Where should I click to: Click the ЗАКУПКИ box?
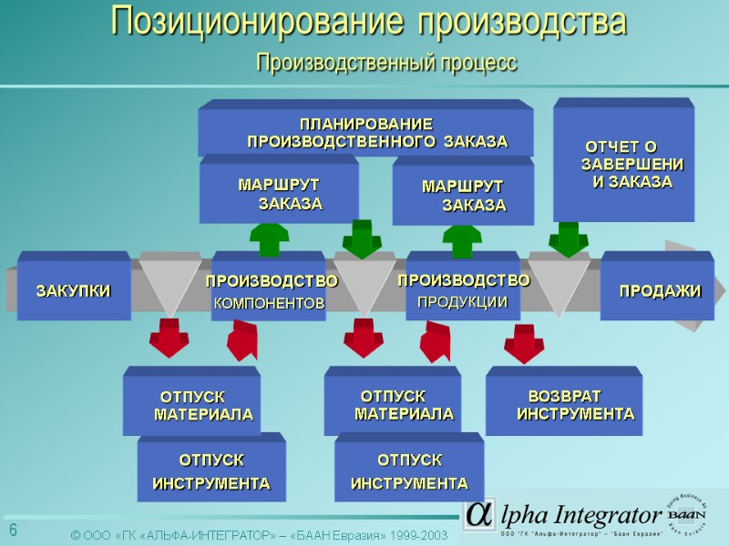tap(73, 289)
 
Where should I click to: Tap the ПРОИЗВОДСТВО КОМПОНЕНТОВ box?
tap(270, 289)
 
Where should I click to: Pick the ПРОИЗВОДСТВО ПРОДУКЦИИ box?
tap(463, 289)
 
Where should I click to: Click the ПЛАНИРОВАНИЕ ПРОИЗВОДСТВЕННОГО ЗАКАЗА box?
tap(366, 131)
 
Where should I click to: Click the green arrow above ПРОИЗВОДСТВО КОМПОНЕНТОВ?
tap(269, 238)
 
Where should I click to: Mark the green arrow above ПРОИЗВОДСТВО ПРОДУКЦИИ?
tap(462, 239)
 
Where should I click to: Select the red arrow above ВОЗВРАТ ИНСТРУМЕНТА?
tap(524, 342)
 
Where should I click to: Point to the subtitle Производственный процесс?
tap(386, 63)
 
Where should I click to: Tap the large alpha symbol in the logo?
tap(478, 514)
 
